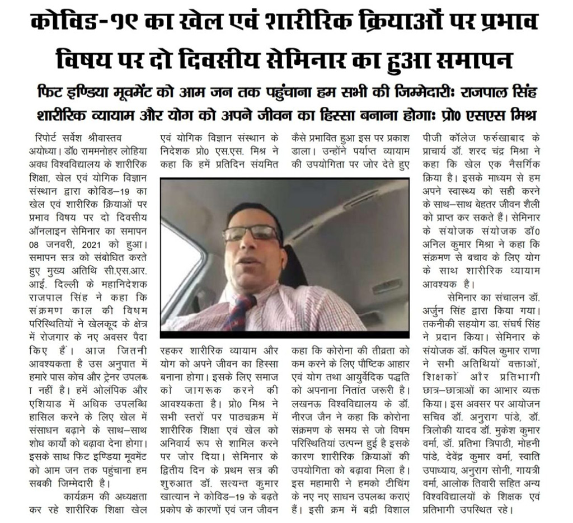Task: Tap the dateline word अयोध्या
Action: pyautogui.click(x=44, y=151)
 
